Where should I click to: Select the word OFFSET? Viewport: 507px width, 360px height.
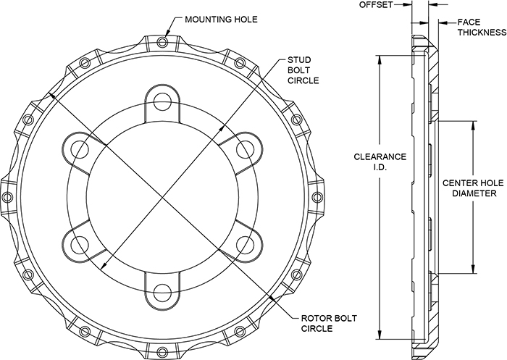coord(377,5)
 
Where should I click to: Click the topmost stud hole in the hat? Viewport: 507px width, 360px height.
coord(163,99)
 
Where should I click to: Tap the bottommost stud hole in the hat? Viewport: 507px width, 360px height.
coord(163,293)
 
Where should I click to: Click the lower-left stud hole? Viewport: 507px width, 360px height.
coord(79,244)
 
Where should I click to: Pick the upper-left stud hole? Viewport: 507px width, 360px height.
coord(79,147)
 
